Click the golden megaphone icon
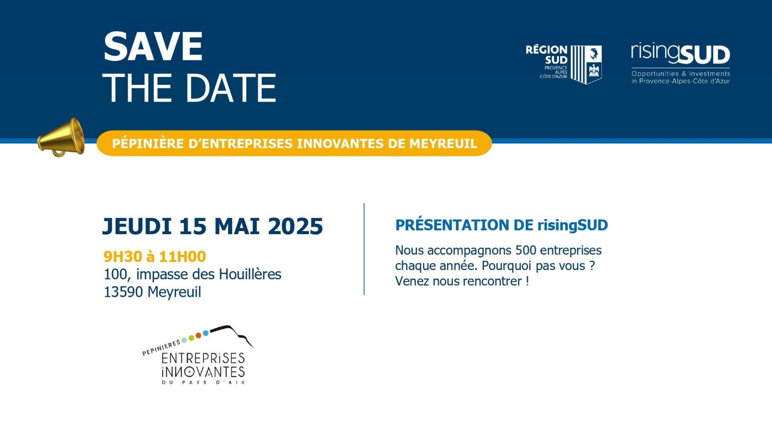(x=62, y=137)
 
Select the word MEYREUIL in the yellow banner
(x=443, y=143)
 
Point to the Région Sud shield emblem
(x=587, y=64)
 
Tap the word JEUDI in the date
(x=137, y=226)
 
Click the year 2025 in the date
(x=296, y=226)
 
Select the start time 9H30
(x=123, y=256)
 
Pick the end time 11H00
(x=183, y=256)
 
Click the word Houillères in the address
(x=250, y=274)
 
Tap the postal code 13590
(x=123, y=292)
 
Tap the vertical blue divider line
(x=364, y=249)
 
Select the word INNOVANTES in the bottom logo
(x=203, y=372)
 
